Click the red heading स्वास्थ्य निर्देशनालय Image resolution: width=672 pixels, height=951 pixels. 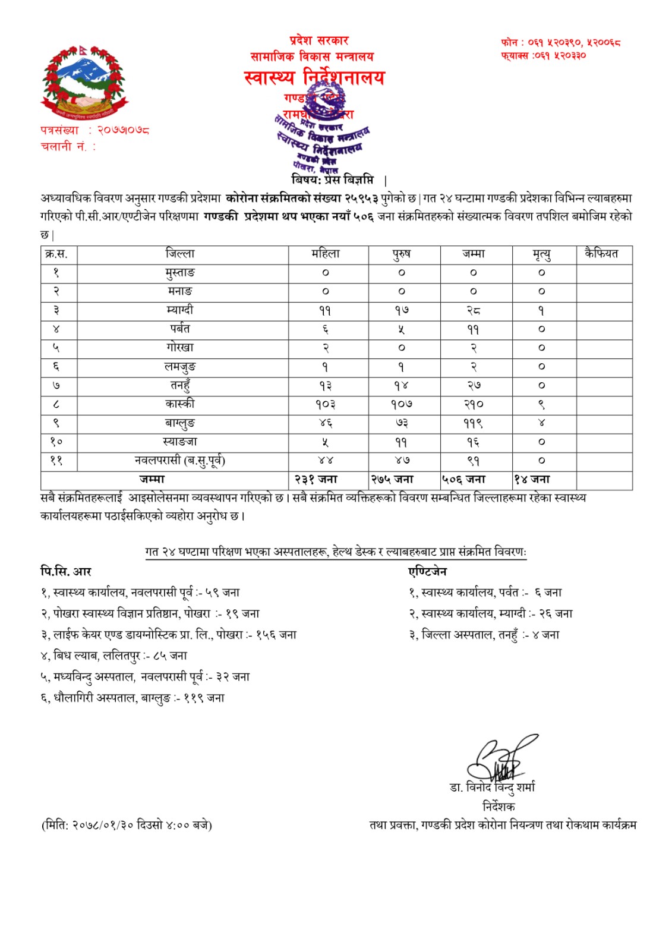[x=314, y=78]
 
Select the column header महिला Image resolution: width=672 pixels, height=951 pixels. [x=326, y=254]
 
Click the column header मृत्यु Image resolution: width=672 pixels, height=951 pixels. [x=542, y=254]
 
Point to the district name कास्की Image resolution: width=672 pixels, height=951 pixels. [x=179, y=404]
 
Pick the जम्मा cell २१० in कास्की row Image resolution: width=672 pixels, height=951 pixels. [x=474, y=404]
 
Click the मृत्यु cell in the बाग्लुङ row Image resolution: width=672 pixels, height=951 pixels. [x=542, y=423]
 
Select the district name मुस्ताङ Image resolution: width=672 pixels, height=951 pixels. [x=179, y=273]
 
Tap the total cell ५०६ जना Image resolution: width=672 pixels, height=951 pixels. [x=463, y=479]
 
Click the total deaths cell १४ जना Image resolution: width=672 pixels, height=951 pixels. [x=532, y=479]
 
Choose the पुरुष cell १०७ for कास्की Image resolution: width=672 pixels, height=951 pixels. [x=401, y=404]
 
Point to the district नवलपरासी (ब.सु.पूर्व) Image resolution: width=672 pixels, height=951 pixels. [x=179, y=461]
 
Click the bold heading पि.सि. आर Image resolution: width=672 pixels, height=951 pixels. [x=66, y=572]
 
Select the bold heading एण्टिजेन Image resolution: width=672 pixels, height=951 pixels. [x=427, y=572]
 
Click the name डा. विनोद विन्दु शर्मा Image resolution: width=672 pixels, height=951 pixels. [x=492, y=788]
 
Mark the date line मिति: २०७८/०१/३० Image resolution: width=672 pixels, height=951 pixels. [x=126, y=825]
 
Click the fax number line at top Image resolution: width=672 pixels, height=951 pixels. [x=543, y=55]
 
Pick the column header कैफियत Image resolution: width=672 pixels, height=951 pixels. [x=601, y=254]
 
